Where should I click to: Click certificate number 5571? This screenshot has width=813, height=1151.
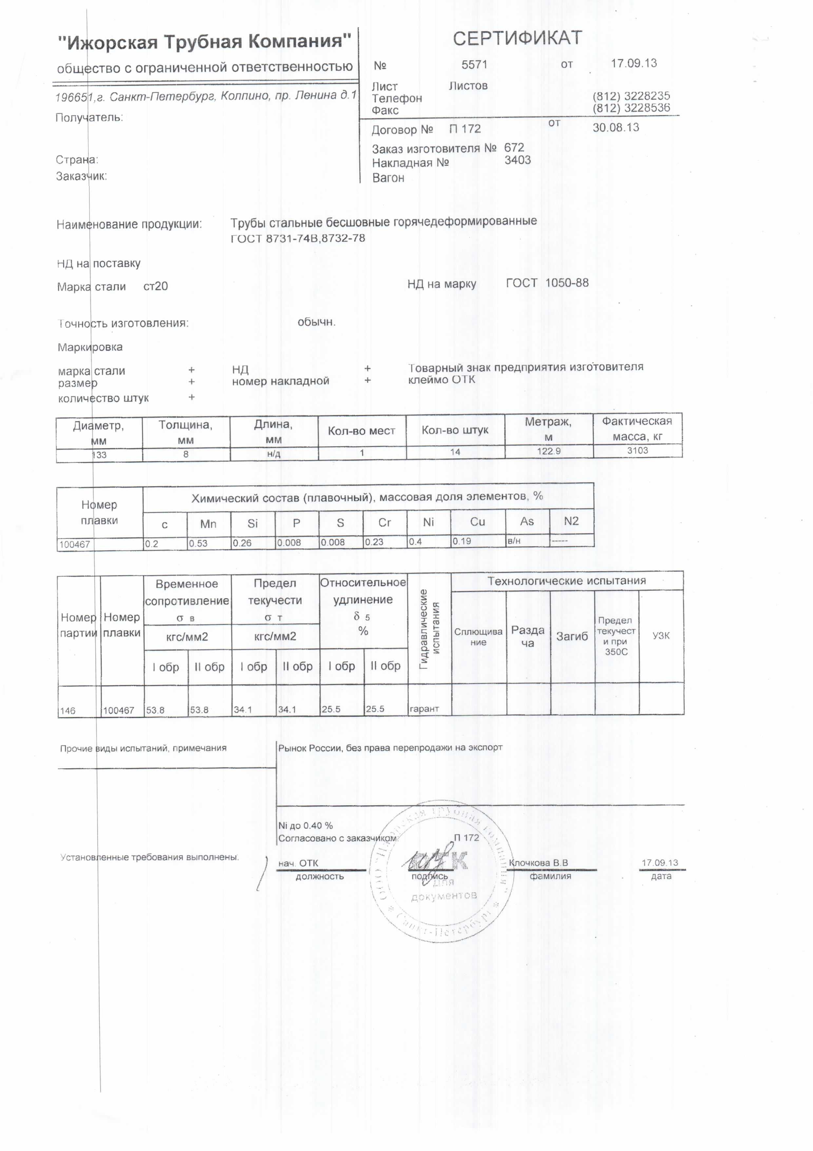pos(474,65)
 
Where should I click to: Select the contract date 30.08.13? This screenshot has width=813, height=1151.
pos(616,127)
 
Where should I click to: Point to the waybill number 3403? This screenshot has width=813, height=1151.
pos(517,160)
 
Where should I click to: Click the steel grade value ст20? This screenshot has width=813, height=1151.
pos(155,286)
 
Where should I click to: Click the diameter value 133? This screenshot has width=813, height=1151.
pos(99,455)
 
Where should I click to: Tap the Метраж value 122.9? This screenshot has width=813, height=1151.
pos(549,451)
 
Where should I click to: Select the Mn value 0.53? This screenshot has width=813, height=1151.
pos(198,543)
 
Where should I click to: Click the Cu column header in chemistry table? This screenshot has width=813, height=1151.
pos(477,522)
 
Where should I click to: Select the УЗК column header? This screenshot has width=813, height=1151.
pos(661,636)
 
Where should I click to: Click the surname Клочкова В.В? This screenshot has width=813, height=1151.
pos(538,863)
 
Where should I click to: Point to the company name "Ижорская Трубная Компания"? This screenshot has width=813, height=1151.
pos(204,42)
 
